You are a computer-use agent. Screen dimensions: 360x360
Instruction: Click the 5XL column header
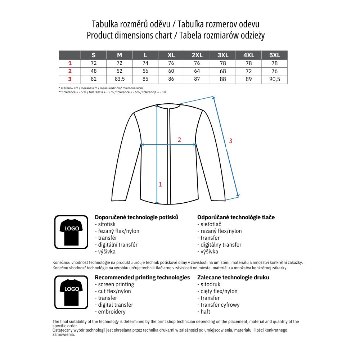tap(274, 55)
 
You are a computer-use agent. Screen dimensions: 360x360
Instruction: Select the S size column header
tap(94, 55)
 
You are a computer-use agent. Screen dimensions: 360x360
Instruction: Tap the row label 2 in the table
tap(70, 71)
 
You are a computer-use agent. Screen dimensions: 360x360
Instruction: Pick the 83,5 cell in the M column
tap(120, 79)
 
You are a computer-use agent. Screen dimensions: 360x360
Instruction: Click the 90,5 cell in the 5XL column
tap(274, 79)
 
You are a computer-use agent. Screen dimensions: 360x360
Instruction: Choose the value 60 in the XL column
tap(171, 71)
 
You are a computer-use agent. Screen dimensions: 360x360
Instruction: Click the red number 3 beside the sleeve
tap(231, 141)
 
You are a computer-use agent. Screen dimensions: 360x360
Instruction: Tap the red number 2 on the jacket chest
tap(179, 140)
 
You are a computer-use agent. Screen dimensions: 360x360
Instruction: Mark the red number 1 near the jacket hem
tap(160, 184)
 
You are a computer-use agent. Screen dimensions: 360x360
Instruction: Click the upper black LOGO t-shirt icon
tap(71, 232)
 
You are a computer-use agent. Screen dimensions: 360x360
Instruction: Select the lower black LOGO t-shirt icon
tap(71, 292)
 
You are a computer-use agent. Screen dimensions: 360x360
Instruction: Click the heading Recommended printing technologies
tap(142, 278)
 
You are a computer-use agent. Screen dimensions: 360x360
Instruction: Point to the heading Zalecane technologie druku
tap(233, 278)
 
